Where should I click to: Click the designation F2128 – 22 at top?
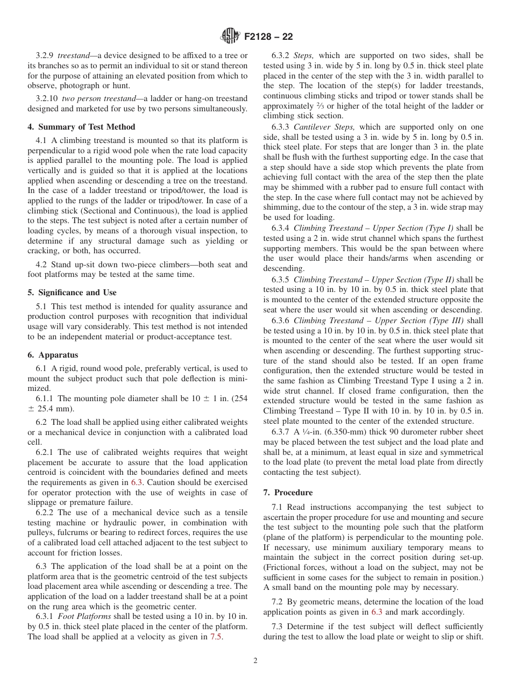click(268, 37)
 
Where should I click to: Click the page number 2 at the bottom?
click(256, 661)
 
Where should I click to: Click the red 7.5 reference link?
click(216, 637)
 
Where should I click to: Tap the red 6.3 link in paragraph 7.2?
click(377, 612)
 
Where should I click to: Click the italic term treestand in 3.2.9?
click(72, 55)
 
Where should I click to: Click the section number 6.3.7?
click(283, 432)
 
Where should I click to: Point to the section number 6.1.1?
click(46, 398)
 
